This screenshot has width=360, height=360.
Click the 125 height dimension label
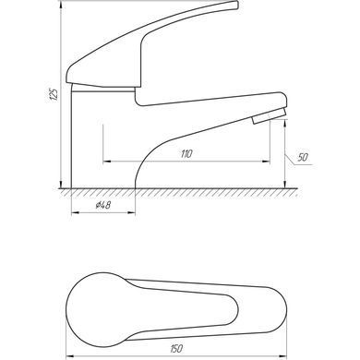[x=54, y=95]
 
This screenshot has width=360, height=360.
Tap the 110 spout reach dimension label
[x=186, y=153]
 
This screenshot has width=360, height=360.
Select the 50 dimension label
[x=303, y=157]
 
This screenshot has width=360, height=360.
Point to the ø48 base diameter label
[x=103, y=205]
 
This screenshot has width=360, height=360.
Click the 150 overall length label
[x=176, y=348]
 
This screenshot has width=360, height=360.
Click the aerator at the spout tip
[x=270, y=116]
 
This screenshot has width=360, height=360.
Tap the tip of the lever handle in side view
[x=236, y=5]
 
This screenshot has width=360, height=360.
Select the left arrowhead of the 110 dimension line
[x=106, y=161]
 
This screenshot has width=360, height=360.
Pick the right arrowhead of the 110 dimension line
[x=266, y=161]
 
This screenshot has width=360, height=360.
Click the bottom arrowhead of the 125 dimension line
[x=61, y=185]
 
